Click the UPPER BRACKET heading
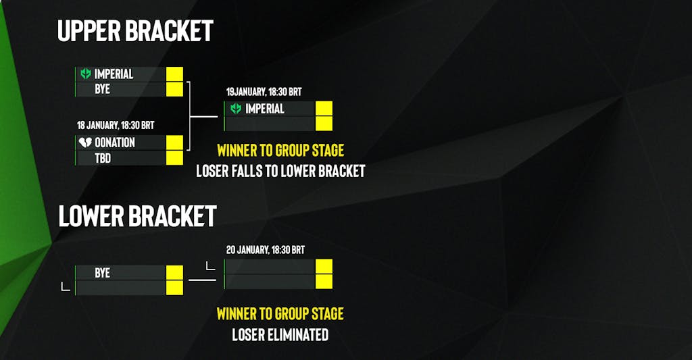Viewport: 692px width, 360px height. click(135, 30)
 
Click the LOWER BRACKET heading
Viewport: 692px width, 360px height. click(137, 215)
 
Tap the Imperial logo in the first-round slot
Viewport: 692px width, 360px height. click(85, 74)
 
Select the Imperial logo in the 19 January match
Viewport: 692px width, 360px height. click(236, 109)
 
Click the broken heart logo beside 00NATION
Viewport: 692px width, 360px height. click(85, 143)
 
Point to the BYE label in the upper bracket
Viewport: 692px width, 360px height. click(102, 89)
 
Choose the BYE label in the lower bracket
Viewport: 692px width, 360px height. click(102, 273)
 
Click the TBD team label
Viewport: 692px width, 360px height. click(103, 158)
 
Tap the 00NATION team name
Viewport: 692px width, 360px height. click(115, 143)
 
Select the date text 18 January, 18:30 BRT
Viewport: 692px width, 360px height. click(116, 125)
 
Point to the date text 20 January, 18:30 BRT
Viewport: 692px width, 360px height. click(265, 250)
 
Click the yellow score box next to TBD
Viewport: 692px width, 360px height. click(174, 158)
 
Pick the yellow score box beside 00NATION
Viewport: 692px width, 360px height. click(174, 143)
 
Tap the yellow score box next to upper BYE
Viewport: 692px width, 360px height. click(174, 89)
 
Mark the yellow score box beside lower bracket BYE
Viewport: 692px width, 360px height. click(174, 273)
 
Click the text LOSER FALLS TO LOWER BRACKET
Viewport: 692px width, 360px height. click(280, 171)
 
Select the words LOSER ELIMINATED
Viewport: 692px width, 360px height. click(280, 334)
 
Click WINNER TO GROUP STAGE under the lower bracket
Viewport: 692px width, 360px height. click(280, 313)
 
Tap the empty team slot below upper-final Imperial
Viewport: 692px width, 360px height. click(270, 124)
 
